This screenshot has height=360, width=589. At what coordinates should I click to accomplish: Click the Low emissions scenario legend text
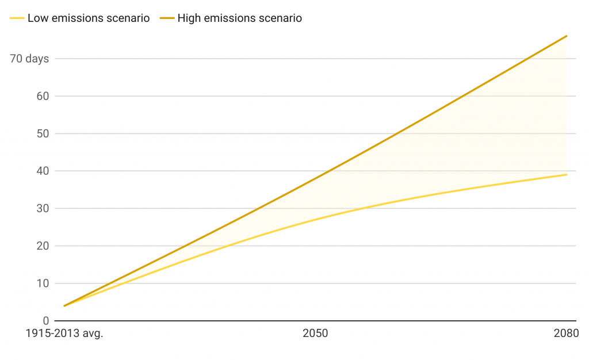(89, 18)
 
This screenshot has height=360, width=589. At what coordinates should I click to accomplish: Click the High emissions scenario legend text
(239, 18)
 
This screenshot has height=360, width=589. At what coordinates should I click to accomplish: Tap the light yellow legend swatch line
(17, 18)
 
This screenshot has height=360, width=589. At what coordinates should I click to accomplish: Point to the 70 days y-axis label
(29, 59)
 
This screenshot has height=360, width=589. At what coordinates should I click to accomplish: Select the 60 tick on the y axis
(43, 96)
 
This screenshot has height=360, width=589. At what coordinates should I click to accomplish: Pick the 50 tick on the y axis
(43, 133)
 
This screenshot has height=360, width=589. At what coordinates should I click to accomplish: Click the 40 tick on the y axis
(43, 171)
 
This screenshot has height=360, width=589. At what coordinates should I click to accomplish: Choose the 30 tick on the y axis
(43, 208)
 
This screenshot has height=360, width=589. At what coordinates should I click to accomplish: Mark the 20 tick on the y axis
(43, 246)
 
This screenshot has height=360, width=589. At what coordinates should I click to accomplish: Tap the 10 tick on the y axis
(43, 283)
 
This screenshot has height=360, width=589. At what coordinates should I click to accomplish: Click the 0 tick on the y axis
(46, 320)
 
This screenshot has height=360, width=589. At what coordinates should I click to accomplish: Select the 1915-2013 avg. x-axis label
(64, 334)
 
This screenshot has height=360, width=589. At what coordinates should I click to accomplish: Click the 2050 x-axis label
(315, 334)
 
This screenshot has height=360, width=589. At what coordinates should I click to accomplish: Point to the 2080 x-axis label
(566, 334)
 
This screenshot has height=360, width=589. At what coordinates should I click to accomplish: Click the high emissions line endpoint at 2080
(567, 36)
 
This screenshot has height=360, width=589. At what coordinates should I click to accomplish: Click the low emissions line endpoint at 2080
(567, 175)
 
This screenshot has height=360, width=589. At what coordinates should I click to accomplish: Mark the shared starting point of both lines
(64, 305)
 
